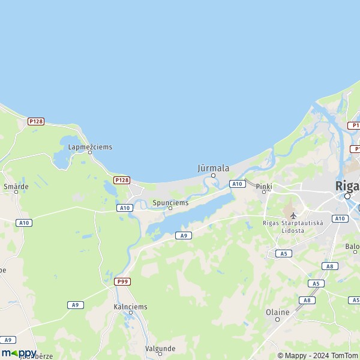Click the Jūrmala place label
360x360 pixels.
click(x=213, y=169)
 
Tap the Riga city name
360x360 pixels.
click(x=347, y=186)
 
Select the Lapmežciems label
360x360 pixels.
click(x=90, y=146)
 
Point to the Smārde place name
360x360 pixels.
click(x=16, y=187)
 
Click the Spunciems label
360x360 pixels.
click(x=170, y=203)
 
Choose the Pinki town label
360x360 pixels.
click(x=264, y=187)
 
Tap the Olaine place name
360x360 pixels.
click(x=277, y=312)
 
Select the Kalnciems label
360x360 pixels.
click(x=130, y=307)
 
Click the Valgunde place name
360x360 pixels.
click(x=160, y=348)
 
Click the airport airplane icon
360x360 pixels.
click(x=293, y=215)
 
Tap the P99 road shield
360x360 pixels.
click(x=122, y=281)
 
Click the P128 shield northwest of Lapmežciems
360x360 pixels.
click(x=36, y=121)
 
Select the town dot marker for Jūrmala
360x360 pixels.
click(x=213, y=176)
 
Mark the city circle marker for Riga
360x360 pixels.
click(x=347, y=196)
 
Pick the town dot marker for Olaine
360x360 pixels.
click(x=277, y=319)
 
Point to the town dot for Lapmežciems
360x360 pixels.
click(x=90, y=152)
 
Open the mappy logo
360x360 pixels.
click(x=19, y=353)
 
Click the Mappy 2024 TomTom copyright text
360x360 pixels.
click(x=320, y=355)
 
